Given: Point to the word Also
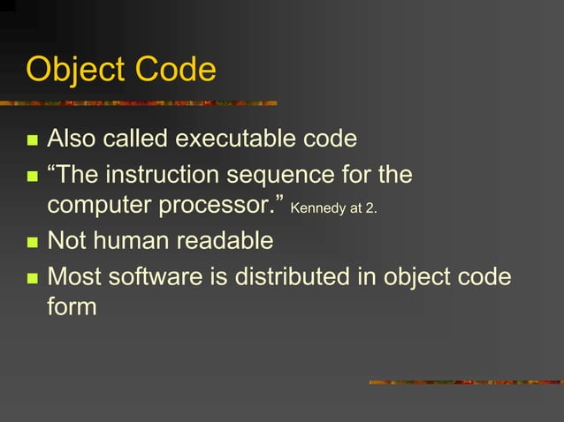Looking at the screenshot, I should pyautogui.click(x=72, y=139).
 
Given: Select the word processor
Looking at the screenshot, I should pyautogui.click(x=225, y=206).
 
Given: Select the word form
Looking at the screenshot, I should pyautogui.click(x=71, y=307).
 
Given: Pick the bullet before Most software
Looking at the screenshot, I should pyautogui.click(x=33, y=278).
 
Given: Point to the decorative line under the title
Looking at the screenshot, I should pyautogui.click(x=141, y=102).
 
